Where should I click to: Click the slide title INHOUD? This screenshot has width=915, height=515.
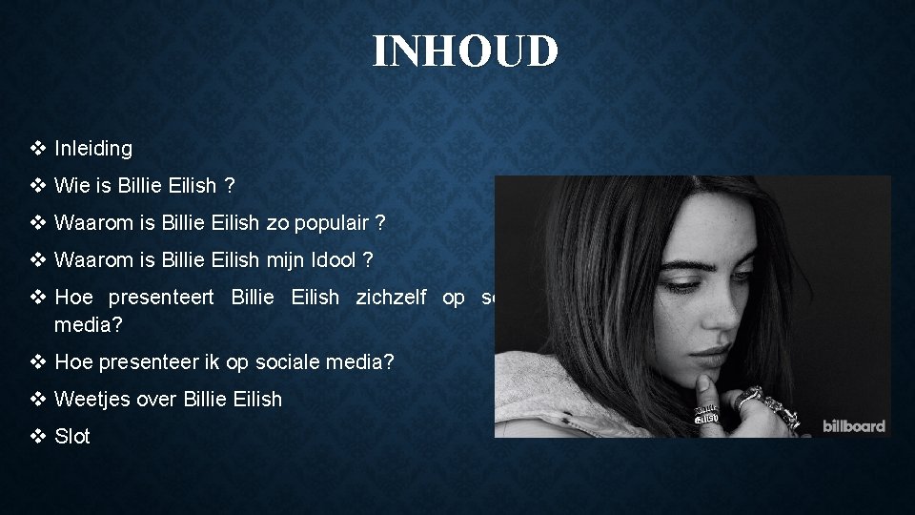[x=464, y=51]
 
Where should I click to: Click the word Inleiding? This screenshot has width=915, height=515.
[x=93, y=149]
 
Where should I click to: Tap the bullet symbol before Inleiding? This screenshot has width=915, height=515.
[x=38, y=149]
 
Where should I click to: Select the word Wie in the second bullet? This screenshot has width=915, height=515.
[x=71, y=185]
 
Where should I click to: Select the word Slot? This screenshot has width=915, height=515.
[x=72, y=437]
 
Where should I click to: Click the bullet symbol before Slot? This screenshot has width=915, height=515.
[x=38, y=437]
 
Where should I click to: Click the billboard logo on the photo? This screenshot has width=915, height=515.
[x=854, y=425]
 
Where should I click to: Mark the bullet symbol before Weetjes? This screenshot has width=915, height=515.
[x=38, y=400]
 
